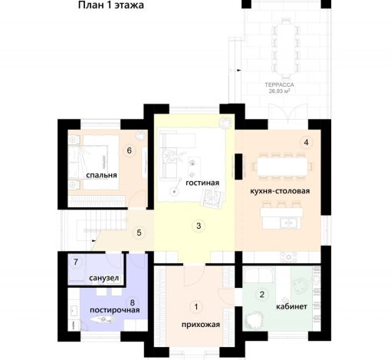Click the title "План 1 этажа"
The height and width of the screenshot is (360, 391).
111,5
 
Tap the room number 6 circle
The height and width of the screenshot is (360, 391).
130,150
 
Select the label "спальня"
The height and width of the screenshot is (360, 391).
101,175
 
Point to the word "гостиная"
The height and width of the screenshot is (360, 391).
202,183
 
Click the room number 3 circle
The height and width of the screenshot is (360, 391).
199,226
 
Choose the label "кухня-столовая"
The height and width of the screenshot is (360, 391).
280,191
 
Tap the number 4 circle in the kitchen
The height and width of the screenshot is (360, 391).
306,142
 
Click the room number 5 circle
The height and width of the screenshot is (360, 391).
139,233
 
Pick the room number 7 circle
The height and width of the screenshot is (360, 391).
76,262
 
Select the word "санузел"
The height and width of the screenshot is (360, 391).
104,278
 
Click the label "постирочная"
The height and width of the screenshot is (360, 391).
115,310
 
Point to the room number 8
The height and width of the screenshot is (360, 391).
133,302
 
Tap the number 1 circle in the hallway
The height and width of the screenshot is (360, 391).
196,306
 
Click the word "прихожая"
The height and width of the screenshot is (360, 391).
201,325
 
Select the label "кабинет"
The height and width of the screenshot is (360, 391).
291,306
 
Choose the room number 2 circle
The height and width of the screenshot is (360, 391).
261,294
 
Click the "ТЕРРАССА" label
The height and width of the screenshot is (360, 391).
279,84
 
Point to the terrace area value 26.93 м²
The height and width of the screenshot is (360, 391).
279,91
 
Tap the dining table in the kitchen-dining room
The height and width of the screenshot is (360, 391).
282,167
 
